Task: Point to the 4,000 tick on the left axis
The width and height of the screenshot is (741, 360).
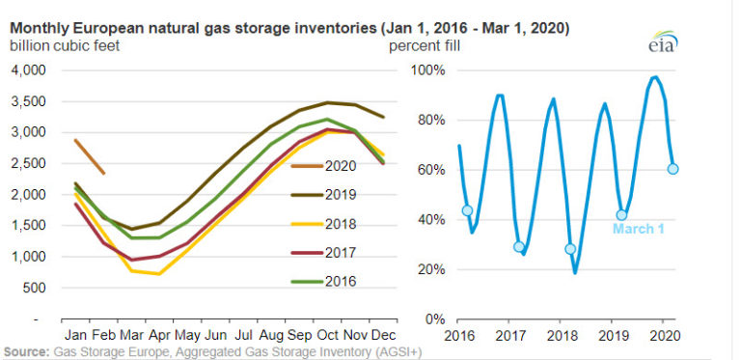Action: point(28,70)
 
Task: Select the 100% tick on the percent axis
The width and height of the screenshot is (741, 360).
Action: point(425,70)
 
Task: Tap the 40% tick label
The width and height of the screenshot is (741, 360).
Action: point(428,219)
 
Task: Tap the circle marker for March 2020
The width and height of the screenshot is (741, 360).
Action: point(672,168)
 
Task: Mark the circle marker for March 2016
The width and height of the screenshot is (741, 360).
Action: point(467,210)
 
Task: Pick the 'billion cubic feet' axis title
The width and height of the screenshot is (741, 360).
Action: point(67,45)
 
